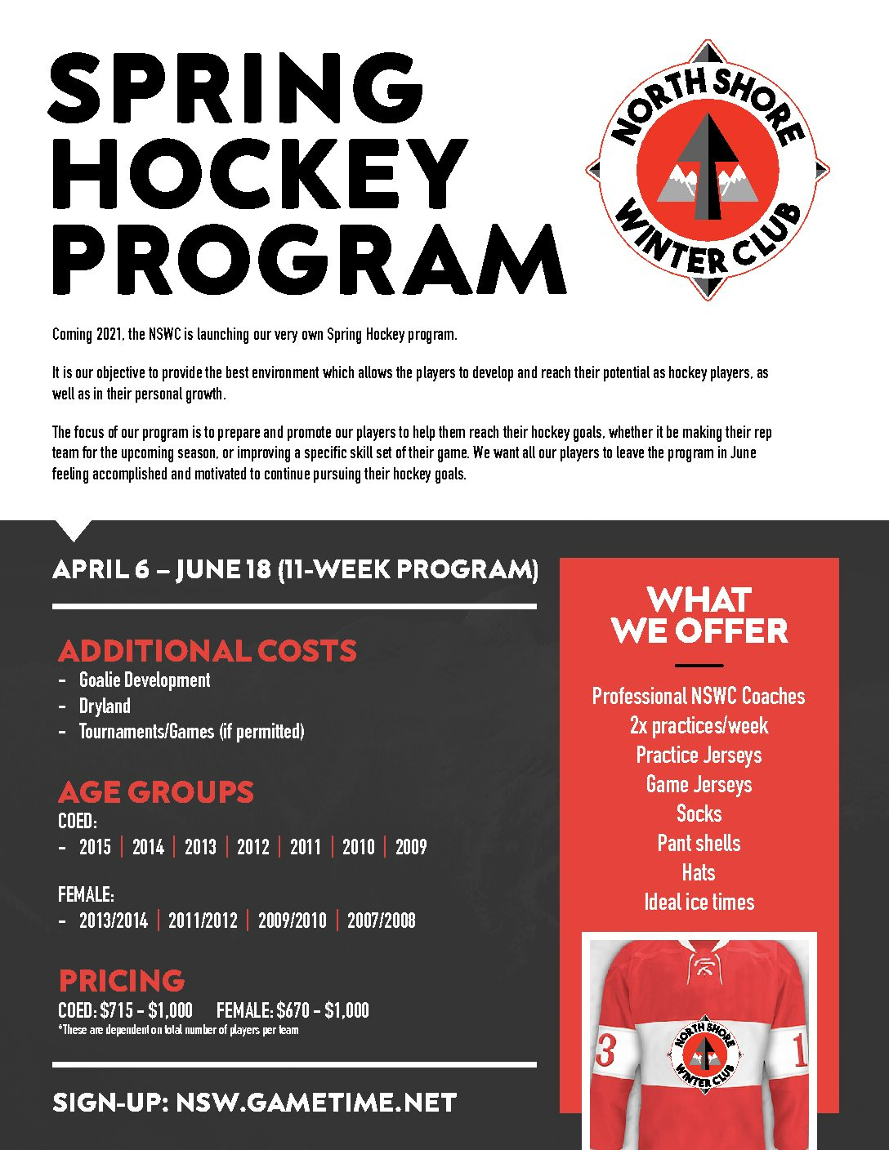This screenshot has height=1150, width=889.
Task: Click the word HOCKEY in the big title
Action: (260, 173)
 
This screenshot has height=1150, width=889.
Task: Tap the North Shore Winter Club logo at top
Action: (708, 170)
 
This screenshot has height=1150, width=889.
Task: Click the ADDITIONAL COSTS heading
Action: (208, 651)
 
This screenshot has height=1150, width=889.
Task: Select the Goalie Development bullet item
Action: (145, 680)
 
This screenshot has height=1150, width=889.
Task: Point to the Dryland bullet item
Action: (105, 706)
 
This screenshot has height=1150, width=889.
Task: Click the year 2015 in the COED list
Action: (95, 847)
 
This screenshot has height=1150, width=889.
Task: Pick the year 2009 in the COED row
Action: (411, 847)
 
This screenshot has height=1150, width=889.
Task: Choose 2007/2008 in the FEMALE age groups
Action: (381, 920)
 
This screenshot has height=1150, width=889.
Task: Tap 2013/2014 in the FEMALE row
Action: (114, 920)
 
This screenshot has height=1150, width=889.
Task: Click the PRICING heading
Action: (122, 980)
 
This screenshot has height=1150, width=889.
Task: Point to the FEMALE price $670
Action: (293, 1010)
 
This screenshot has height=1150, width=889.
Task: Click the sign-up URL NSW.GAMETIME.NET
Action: (316, 1103)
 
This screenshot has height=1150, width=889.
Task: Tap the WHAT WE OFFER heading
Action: (699, 615)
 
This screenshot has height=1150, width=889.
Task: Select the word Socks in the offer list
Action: (699, 813)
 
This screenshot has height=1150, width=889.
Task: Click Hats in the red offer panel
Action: (699, 872)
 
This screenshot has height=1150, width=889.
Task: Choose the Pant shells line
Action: (699, 843)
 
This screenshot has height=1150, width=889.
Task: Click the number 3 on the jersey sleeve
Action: (605, 1051)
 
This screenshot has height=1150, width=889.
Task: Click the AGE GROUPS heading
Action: (156, 791)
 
